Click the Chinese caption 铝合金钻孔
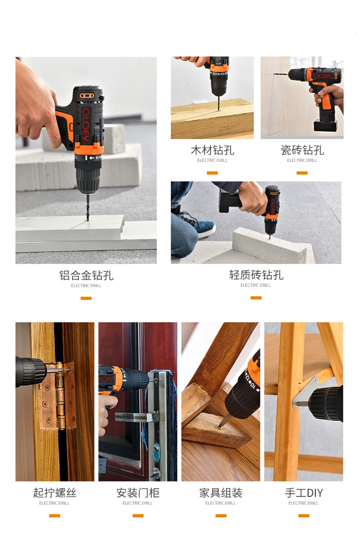[x=86, y=275]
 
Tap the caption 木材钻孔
[x=212, y=150]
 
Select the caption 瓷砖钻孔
[x=302, y=150]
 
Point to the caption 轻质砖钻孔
[x=256, y=275]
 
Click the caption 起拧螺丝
[x=54, y=493]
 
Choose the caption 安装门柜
[x=138, y=493]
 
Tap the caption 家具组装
[x=220, y=493]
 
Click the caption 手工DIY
[x=304, y=493]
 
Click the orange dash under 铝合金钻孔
[x=86, y=298]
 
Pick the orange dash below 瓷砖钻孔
[x=302, y=173]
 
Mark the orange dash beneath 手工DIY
[x=304, y=516]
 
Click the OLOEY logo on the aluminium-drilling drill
[x=85, y=122]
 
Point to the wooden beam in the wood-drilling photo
[x=212, y=119]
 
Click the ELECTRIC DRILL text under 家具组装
[x=220, y=503]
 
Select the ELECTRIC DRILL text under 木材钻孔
[x=212, y=160]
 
